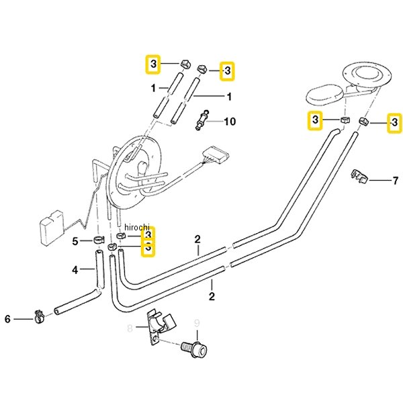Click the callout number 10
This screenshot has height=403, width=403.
point(230,122)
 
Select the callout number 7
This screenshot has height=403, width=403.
point(396,181)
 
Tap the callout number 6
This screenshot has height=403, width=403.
point(7,319)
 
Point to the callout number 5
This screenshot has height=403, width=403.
point(75,242)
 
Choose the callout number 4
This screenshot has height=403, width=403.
point(75,270)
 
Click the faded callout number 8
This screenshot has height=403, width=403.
point(130,328)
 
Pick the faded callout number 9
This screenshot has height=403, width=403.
point(197,323)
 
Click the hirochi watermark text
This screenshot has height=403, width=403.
point(136,227)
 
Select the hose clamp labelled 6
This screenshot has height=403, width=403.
point(39,316)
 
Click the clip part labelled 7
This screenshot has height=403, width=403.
point(359,177)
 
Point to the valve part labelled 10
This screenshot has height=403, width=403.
point(202,120)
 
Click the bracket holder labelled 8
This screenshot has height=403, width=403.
point(160,326)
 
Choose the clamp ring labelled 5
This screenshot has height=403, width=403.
point(98,240)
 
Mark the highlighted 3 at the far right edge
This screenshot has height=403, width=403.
point(394,123)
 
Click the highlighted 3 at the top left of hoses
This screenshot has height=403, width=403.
point(153,64)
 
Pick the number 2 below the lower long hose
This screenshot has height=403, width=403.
point(212,296)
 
